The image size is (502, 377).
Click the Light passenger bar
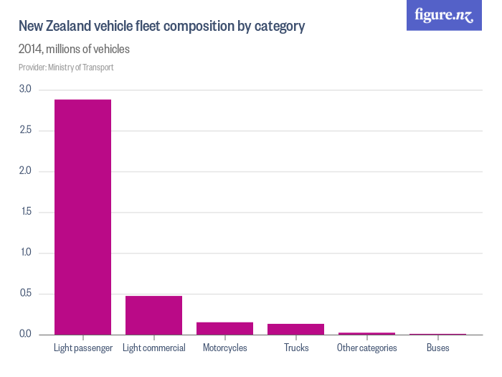coord(83,217)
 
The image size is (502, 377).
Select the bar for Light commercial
coord(153,315)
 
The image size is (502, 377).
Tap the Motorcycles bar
coord(224,329)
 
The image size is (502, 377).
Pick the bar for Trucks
coord(295,330)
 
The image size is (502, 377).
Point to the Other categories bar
coord(366,334)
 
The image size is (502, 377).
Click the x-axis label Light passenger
coord(83,348)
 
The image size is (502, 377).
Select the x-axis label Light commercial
coord(153,348)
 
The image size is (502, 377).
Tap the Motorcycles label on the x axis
coord(224,348)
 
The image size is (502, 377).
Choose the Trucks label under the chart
coord(295,348)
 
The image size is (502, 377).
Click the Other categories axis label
coord(366,348)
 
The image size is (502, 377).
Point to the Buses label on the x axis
coord(437,348)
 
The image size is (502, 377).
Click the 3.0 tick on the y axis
coord(25,90)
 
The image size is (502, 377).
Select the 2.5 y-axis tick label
coord(25,131)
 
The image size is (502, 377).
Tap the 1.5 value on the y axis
coord(25,213)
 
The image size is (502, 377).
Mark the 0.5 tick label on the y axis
coord(25,294)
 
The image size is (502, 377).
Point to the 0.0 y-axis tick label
coord(25,335)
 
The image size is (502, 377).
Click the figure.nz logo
coord(444,15)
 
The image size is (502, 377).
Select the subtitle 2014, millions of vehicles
coord(74,50)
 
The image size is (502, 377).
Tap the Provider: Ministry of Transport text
coord(66,68)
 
